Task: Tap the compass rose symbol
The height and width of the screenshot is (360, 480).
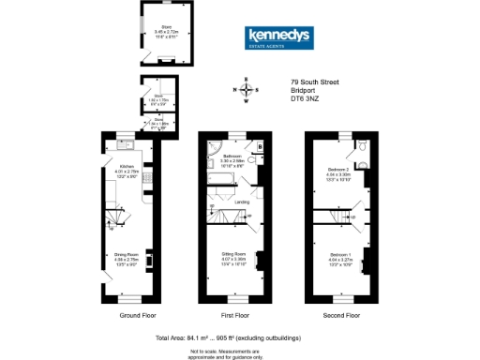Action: point(247,90)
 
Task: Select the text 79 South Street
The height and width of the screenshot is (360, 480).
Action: point(314,82)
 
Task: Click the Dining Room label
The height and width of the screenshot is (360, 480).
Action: point(126,254)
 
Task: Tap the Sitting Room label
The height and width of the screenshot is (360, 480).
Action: point(232,255)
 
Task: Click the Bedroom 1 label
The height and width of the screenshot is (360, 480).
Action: point(338,255)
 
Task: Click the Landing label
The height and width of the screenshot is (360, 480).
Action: point(241,202)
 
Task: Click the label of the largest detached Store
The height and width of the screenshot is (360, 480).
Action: point(166,31)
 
